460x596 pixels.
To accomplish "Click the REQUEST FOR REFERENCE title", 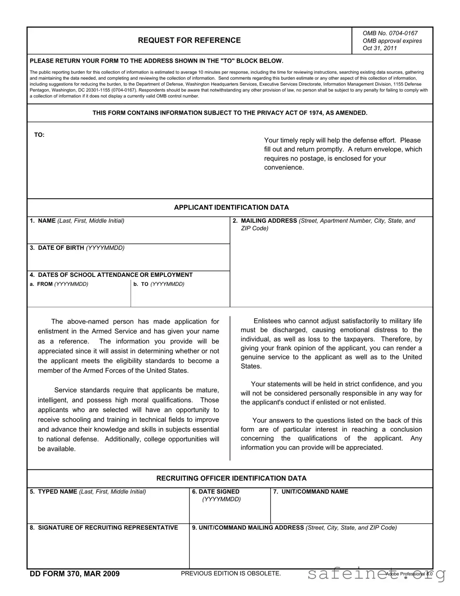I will pyautogui.click(x=189, y=40).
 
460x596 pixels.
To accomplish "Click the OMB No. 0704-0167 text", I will pyautogui.click(x=390, y=33).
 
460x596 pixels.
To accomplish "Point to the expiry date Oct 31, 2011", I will pyautogui.click(x=379, y=48).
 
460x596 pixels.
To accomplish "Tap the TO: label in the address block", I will pyautogui.click(x=39, y=135).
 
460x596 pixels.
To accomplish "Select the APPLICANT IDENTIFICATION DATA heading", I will pyautogui.click(x=231, y=207).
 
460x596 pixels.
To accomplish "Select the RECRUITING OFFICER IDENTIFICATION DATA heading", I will pyautogui.click(x=231, y=478).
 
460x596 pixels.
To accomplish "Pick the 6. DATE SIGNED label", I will pyautogui.click(x=216, y=492).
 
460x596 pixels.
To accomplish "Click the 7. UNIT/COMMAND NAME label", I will pyautogui.click(x=311, y=492).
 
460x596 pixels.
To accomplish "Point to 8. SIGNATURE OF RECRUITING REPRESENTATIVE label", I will pyautogui.click(x=104, y=528).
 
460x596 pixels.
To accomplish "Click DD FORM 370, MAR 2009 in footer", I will pyautogui.click(x=74, y=573).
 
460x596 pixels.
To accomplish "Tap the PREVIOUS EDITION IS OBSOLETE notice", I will pyautogui.click(x=231, y=573).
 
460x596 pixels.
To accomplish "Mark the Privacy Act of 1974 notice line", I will pyautogui.click(x=230, y=113).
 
